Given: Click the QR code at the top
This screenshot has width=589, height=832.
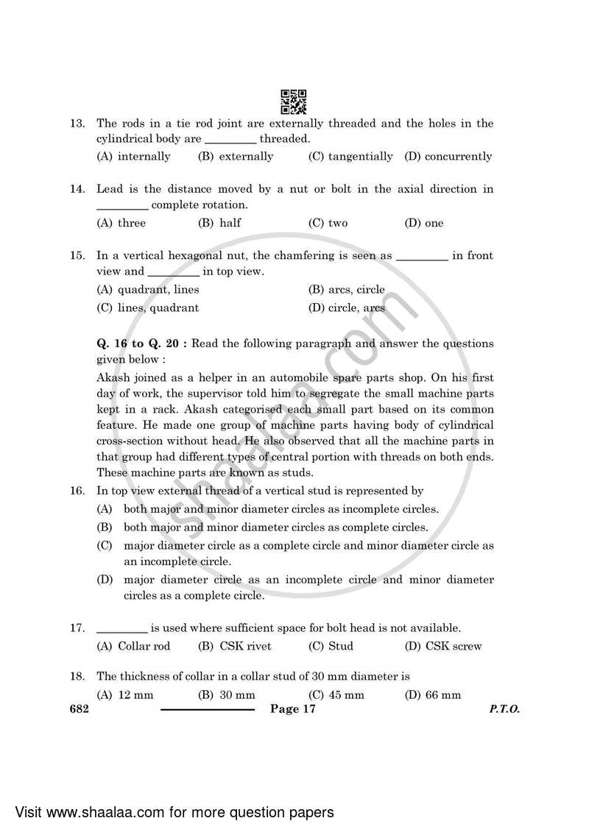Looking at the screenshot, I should (294, 102).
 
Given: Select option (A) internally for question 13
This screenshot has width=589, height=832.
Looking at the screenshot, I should (134, 156).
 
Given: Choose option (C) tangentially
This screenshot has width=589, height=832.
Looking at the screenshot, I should (350, 156).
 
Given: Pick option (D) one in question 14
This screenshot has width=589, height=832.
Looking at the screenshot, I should (424, 223).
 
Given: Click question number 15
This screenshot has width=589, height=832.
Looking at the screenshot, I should (77, 256).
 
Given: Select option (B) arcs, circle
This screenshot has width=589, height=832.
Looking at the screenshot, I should (346, 290).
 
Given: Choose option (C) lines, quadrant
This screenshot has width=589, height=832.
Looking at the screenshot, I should (148, 307).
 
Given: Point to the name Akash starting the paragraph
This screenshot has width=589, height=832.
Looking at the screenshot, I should (113, 378).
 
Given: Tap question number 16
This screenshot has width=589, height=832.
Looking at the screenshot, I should (77, 491).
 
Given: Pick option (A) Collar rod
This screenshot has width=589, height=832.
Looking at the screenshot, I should (134, 646).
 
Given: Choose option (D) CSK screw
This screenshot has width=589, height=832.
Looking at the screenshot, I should (443, 646).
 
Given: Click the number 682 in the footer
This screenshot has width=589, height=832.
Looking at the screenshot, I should (79, 709).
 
